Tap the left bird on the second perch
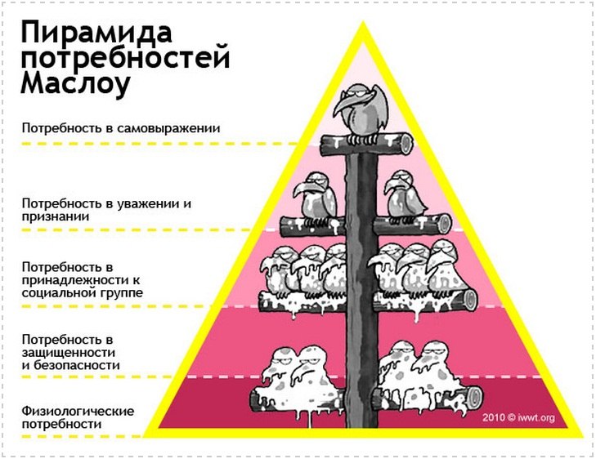click(316, 198)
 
